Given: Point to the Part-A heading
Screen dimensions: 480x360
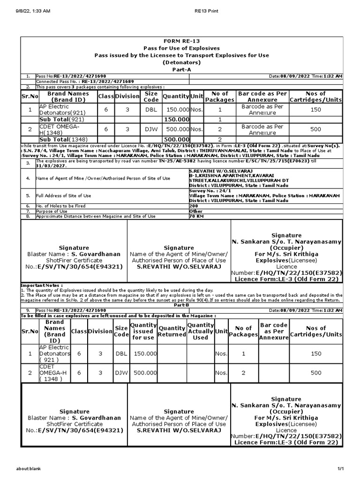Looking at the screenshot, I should [181, 69].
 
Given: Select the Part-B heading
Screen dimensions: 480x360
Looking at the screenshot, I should [181, 306].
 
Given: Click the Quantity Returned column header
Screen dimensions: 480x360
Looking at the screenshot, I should [172, 331].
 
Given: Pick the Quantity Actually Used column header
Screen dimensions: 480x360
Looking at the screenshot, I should [201, 331].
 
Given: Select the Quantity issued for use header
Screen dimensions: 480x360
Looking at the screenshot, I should [143, 331].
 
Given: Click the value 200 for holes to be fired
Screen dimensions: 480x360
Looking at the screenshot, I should [193, 206].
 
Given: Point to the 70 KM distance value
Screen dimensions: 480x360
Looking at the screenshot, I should [195, 216].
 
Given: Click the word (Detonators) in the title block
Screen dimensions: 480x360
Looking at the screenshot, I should [181, 62].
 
